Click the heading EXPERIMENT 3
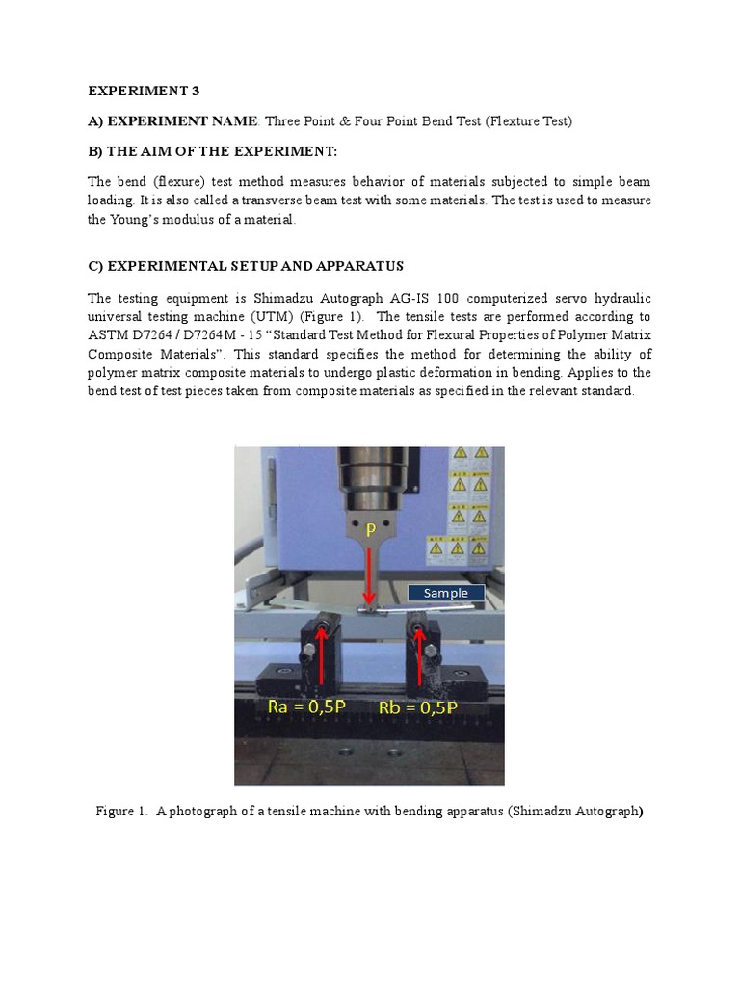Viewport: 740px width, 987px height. [x=145, y=92]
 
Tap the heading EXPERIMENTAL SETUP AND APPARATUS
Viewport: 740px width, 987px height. [x=246, y=265]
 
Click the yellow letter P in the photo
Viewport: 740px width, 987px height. [x=369, y=529]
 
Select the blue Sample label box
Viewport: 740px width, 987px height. [x=445, y=593]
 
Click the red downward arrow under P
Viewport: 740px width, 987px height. [x=369, y=574]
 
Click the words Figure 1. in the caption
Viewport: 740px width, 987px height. [x=120, y=812]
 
